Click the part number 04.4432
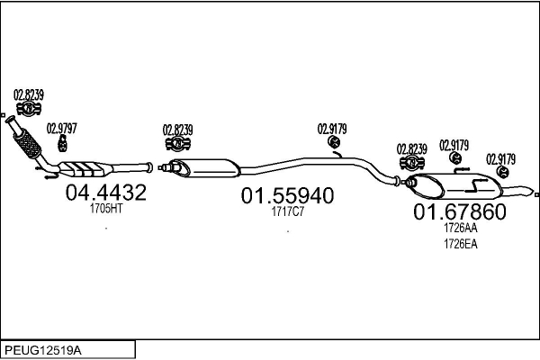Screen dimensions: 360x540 pos(105,192)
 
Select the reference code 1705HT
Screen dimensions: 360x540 pos(105,208)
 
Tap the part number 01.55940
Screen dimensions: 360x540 pos(287,196)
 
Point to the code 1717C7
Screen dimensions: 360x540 pos(287,212)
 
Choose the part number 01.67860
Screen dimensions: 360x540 pos(459,212)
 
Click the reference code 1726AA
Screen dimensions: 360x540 pos(459,229)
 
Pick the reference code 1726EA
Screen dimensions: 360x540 pos(459,242)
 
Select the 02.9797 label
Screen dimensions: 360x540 pos(62,129)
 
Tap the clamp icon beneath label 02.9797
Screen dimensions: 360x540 pos(63,143)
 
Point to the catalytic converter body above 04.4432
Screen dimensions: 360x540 pos(86,168)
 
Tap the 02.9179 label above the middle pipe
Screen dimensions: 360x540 pos(332,128)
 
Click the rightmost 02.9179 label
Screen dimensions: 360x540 pos(501,158)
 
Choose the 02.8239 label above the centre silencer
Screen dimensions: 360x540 pos(178,129)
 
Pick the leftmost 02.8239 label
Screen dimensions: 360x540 pos(29,94)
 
